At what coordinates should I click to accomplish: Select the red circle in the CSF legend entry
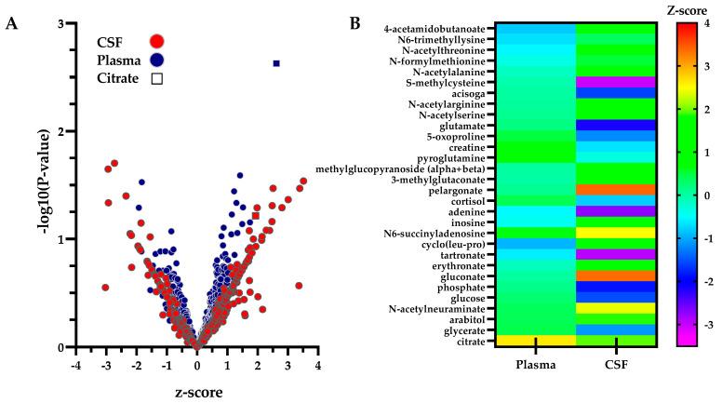tap(156, 40)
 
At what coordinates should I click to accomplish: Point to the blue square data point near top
tap(276, 63)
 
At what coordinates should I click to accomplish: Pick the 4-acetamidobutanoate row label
tap(435, 30)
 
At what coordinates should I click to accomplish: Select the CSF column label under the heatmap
tap(617, 366)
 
